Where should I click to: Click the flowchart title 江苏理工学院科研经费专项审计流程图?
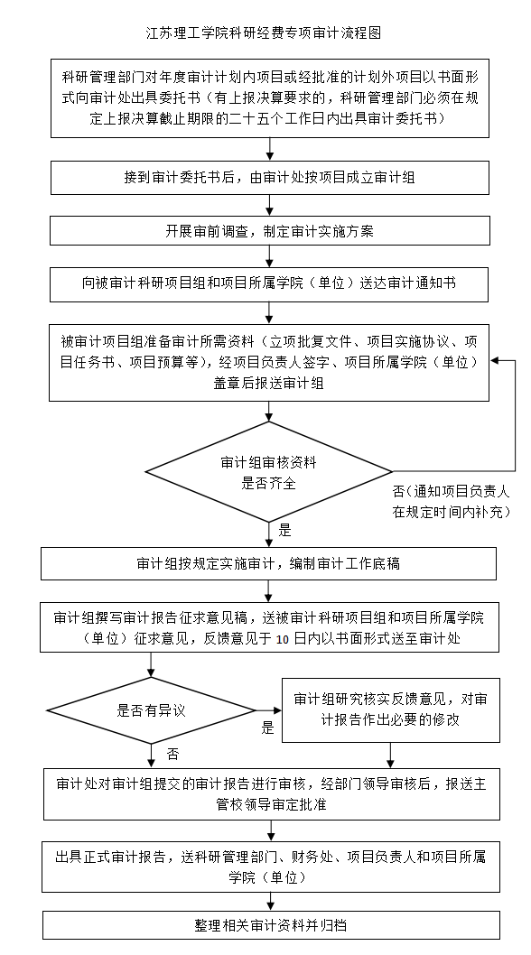point(265,32)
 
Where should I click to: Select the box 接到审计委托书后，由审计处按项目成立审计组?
point(269,178)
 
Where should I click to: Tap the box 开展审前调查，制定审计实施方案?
point(269,231)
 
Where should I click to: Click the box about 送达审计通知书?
point(269,283)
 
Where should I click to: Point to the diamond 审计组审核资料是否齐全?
point(269,471)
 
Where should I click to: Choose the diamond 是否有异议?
point(151,710)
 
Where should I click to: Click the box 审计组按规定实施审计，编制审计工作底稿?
point(268,563)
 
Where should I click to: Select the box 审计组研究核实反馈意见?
point(391,709)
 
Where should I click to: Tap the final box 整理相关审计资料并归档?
point(271,925)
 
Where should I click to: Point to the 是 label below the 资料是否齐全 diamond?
point(284,531)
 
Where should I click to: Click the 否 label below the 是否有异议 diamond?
point(173,755)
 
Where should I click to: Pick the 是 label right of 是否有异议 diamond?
point(268,728)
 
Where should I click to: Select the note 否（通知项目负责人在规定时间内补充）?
point(452,502)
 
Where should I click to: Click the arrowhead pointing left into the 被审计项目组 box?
point(495,360)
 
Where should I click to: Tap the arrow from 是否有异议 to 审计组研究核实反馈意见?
point(269,710)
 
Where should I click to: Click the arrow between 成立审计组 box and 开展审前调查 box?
point(269,205)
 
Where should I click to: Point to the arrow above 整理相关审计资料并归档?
point(271,902)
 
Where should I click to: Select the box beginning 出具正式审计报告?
point(271,867)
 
